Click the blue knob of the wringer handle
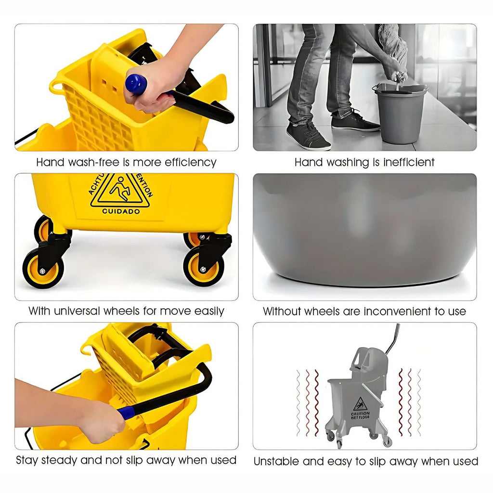(x=136, y=83)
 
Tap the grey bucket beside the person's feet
(x=400, y=113)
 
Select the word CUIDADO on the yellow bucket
(x=121, y=212)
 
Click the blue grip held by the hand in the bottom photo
(x=127, y=412)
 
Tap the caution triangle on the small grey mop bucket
(x=360, y=404)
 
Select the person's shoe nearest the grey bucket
(x=355, y=121)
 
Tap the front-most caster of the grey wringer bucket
(x=339, y=444)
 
